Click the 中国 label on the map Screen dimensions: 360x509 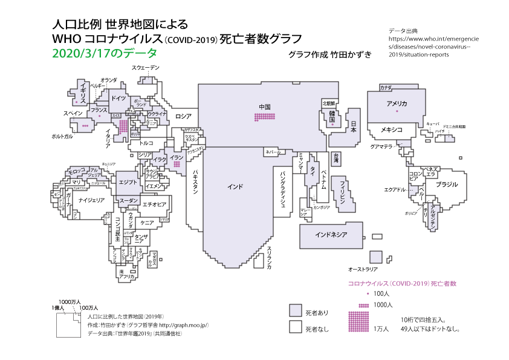point(264,107)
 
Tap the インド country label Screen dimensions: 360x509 point(235,186)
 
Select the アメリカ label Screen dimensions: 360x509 point(397,104)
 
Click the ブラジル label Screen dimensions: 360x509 point(447,184)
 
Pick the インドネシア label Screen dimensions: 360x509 point(331,234)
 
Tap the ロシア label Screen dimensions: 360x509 point(183,116)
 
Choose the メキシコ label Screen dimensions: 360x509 point(392,130)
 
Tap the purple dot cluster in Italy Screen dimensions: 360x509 point(123,125)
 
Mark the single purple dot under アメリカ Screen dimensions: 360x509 point(397,112)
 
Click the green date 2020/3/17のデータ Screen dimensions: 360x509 point(97,53)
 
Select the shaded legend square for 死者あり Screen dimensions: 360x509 point(295,310)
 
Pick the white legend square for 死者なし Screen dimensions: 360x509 point(295,327)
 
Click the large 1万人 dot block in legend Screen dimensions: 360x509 point(358,321)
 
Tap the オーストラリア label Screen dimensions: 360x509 point(363,268)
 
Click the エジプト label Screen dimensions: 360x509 point(128,182)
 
